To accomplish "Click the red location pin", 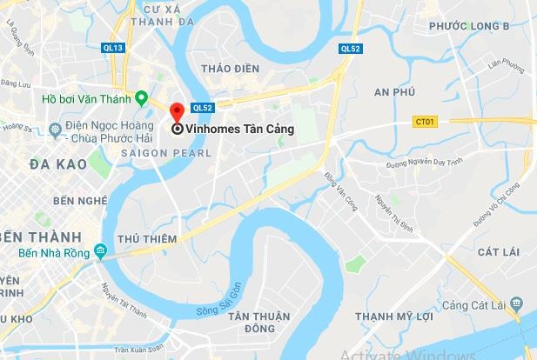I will click(x=177, y=112).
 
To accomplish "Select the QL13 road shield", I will click(x=111, y=48).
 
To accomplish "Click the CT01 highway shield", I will click(x=426, y=122).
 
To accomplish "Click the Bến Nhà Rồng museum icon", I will click(x=101, y=254).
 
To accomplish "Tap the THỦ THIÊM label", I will click(x=146, y=238).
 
